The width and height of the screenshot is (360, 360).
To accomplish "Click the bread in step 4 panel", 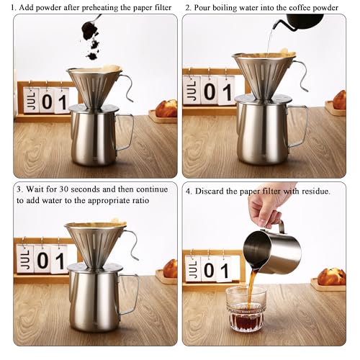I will point(331,276).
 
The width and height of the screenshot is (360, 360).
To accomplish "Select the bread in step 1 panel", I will point(166,108).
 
